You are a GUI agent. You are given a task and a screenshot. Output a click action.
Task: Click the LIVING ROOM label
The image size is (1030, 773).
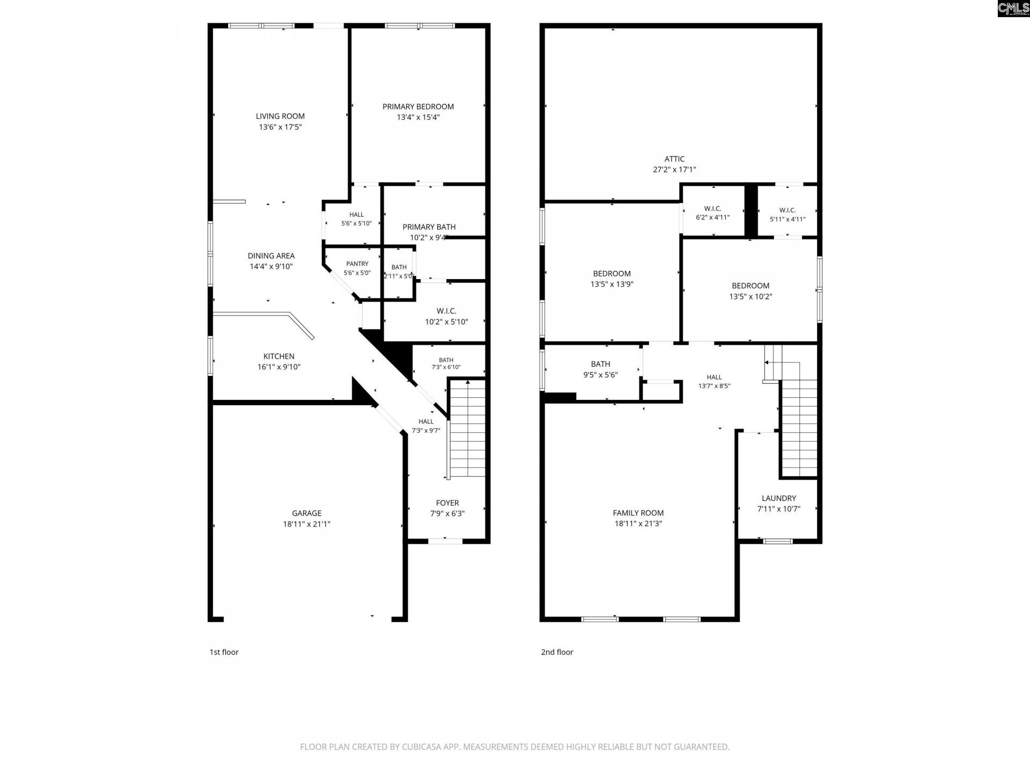(x=280, y=116)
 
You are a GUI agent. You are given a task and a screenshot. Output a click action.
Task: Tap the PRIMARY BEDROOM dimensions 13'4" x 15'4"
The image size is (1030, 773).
(x=418, y=117)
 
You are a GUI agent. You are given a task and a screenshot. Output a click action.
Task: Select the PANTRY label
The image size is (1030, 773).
(x=357, y=264)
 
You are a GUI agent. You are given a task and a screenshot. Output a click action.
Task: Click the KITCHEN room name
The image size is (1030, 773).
(x=279, y=356)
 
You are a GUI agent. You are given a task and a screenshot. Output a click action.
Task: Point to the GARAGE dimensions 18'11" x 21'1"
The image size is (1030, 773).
(x=307, y=524)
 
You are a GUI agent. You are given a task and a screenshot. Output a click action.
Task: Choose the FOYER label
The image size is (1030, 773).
(x=447, y=503)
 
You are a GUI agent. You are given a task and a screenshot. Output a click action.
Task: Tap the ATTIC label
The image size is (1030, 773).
(x=674, y=159)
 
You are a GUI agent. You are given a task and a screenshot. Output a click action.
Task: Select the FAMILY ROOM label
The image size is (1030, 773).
(x=638, y=513)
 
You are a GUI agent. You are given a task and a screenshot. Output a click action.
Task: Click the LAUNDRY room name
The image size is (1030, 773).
(x=779, y=498)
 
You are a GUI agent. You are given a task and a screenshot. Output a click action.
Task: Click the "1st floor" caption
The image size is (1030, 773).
(x=224, y=652)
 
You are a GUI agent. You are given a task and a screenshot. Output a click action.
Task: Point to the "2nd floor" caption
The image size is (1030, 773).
(x=557, y=652)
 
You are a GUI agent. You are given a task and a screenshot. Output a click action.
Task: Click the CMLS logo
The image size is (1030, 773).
(x=1013, y=9)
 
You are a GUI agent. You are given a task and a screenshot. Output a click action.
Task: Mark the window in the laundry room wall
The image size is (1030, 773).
(x=778, y=541)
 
